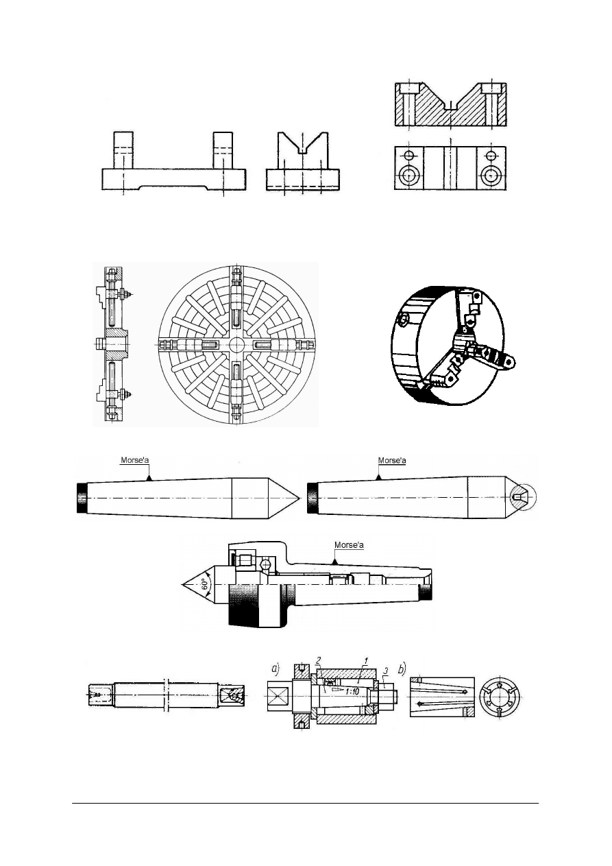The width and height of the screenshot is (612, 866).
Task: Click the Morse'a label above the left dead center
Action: point(135,460)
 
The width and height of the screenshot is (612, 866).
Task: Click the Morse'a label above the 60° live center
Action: point(349,544)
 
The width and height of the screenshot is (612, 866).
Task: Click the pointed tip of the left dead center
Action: point(299,498)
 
